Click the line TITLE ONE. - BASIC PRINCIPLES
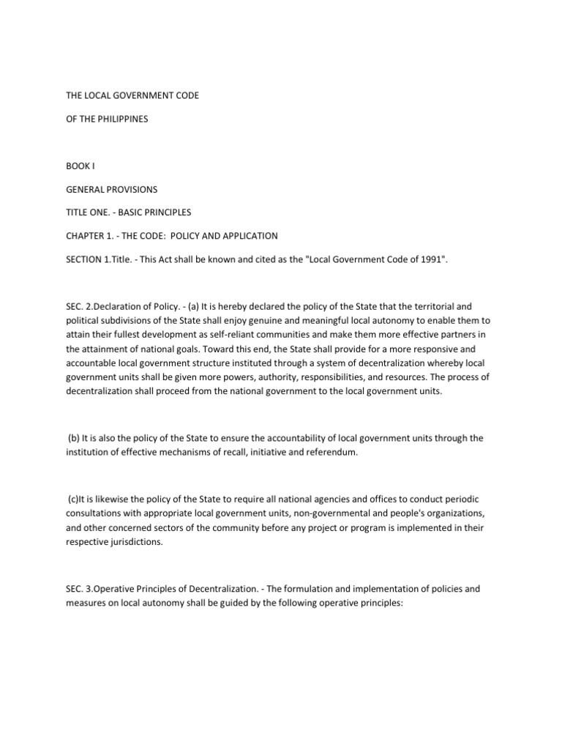pos(140,213)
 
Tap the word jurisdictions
pos(146,543)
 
